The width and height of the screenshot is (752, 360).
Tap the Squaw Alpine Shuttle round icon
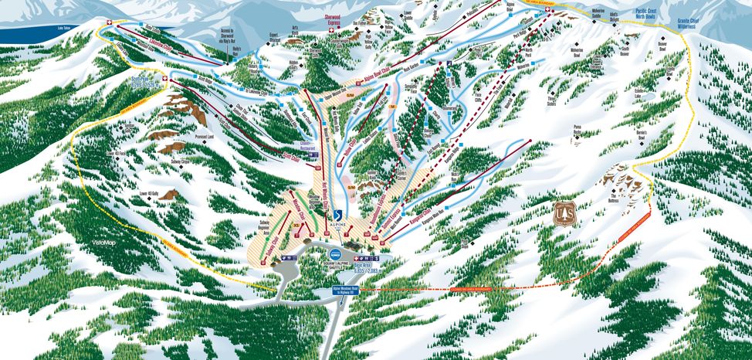[334, 254]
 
